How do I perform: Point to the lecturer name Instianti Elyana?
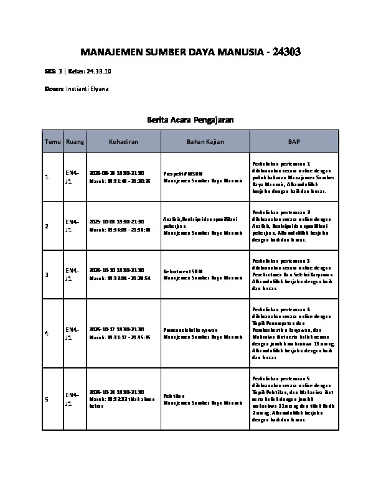click(87, 89)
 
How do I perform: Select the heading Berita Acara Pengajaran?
click(190, 119)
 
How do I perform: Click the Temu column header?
click(52, 142)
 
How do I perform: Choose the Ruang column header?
click(75, 142)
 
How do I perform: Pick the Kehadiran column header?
click(123, 142)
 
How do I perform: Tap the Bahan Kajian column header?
click(205, 142)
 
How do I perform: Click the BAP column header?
click(294, 142)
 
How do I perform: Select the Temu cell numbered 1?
click(47, 177)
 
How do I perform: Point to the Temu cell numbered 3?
click(47, 275)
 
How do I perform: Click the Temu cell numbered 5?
click(47, 400)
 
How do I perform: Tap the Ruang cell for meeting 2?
click(72, 225)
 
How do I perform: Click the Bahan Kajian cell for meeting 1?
click(203, 177)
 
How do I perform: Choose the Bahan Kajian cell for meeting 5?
click(203, 399)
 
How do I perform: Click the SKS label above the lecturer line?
click(50, 72)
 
